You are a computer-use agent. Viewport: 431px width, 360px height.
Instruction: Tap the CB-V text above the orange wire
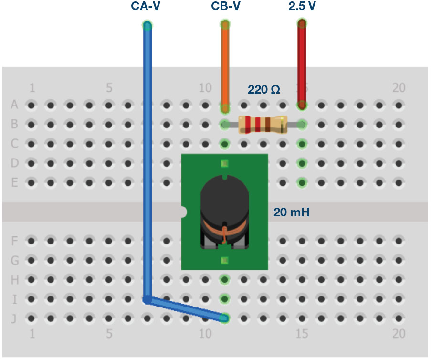(225, 7)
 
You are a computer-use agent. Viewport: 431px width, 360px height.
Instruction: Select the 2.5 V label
(302, 7)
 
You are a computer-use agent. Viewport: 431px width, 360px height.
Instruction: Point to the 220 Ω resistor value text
(263, 89)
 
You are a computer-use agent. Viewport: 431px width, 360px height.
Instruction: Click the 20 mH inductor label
(291, 212)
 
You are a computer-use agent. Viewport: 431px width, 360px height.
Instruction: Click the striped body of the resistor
(263, 125)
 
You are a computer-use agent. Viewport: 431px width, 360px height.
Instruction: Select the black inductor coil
(224, 201)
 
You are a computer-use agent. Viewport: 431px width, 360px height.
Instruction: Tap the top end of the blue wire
(147, 25)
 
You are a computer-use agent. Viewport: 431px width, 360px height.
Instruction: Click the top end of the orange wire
(225, 24)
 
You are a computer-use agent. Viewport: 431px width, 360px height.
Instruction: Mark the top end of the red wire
(302, 23)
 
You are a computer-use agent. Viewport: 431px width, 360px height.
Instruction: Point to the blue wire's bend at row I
(147, 300)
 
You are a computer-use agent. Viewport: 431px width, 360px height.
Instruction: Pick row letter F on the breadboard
(15, 241)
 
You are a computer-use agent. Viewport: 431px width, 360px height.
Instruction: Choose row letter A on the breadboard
(15, 105)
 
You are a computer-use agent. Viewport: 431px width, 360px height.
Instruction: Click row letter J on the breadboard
(15, 318)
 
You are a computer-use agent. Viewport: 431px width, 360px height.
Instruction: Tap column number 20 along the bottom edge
(399, 333)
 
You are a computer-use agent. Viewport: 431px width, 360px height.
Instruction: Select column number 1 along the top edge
(32, 88)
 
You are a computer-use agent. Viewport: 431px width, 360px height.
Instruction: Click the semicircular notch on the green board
(184, 212)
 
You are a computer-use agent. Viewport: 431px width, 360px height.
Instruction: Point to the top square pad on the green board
(225, 164)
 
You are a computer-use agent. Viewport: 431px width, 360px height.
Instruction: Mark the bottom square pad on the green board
(225, 260)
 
